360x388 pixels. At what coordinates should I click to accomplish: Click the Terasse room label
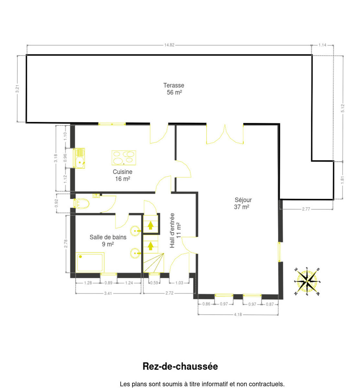(174, 85)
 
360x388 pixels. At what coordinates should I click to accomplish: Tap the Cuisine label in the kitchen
(123, 172)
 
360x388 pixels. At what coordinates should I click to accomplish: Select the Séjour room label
(243, 200)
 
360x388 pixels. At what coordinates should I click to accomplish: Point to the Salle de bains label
(108, 237)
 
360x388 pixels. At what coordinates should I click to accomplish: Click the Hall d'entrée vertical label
(172, 231)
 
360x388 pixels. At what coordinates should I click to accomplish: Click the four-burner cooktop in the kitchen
(124, 158)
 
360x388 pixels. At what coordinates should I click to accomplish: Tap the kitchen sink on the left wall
(79, 158)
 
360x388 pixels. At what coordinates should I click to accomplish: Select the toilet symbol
(81, 203)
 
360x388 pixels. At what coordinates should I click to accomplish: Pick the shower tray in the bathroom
(90, 262)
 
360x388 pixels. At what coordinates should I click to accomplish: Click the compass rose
(307, 282)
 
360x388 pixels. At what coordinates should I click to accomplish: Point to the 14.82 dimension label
(169, 45)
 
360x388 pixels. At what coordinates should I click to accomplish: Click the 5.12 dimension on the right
(343, 108)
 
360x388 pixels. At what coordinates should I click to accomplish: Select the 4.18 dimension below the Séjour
(238, 315)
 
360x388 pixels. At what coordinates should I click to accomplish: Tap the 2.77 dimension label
(306, 209)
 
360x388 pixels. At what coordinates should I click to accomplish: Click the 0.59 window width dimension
(154, 283)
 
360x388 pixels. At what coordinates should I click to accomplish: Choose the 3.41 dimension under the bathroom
(108, 293)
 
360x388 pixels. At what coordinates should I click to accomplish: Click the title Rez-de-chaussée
(180, 366)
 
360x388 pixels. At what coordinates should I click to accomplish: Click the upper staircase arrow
(150, 225)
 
